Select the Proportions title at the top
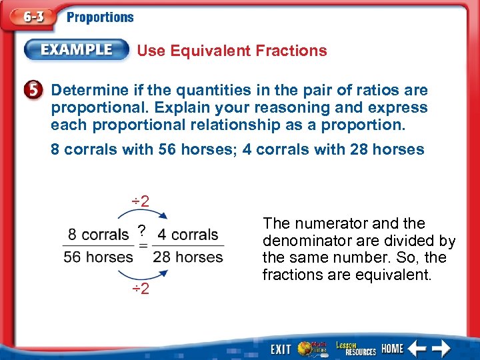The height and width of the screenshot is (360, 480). click(x=100, y=18)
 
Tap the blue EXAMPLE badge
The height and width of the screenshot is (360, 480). click(x=77, y=50)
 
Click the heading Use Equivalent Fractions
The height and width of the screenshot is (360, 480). click(x=232, y=51)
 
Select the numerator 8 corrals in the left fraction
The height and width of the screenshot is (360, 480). click(x=98, y=235)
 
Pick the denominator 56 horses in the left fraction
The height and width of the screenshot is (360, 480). click(x=98, y=257)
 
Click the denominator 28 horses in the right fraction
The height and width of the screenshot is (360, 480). click(x=188, y=257)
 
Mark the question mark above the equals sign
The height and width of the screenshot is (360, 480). click(x=141, y=231)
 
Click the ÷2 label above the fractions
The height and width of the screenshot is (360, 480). click(x=139, y=201)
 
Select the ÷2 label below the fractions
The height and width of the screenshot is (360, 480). click(x=139, y=289)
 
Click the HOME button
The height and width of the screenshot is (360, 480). click(x=393, y=349)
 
